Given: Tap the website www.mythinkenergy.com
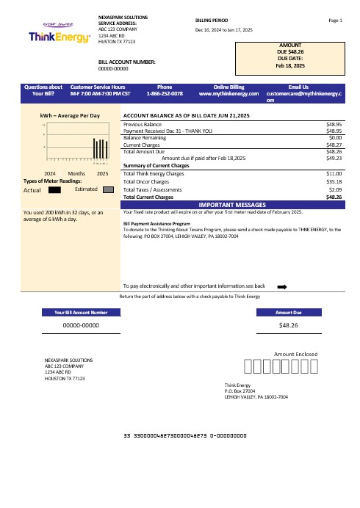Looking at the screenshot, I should click(229, 94).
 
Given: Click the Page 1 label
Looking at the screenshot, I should click(336, 20).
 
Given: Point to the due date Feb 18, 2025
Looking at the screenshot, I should click(289, 65).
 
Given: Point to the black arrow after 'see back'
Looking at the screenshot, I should click(281, 286).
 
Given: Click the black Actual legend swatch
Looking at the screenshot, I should click(54, 189).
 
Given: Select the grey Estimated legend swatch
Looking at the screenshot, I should click(107, 189).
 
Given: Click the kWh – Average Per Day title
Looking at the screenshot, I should click(69, 116).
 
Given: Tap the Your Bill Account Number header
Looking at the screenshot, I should click(81, 312).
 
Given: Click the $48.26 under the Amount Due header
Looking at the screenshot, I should click(289, 324).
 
